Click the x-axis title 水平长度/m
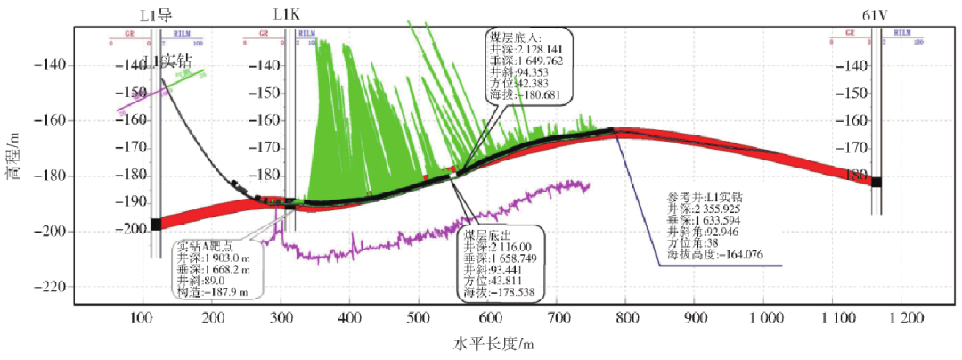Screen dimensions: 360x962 tap(493, 344)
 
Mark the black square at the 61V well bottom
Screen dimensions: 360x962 tap(876, 182)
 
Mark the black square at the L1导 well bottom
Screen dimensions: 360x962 tap(156, 224)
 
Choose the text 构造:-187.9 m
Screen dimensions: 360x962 tap(211, 291)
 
